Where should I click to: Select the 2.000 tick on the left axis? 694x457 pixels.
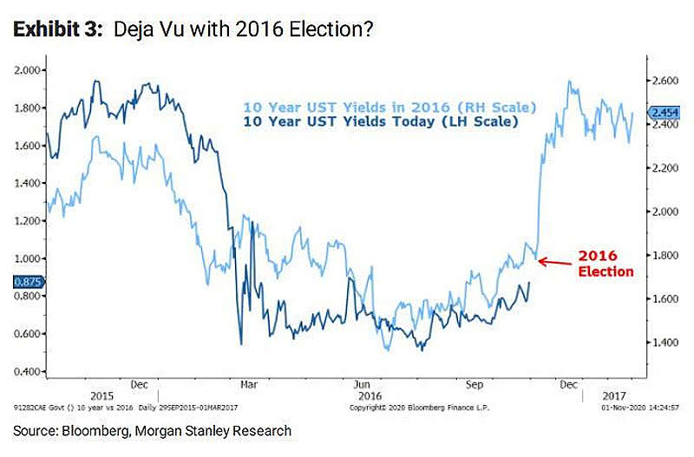click(x=29, y=70)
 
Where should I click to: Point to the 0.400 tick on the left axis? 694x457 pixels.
click(x=29, y=372)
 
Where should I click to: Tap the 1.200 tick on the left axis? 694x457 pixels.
click(x=29, y=221)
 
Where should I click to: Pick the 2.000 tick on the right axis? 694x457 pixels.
click(x=665, y=212)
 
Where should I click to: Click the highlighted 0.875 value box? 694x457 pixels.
click(x=27, y=282)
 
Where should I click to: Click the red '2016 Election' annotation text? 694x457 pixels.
click(x=606, y=264)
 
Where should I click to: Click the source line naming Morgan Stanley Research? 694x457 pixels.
click(x=152, y=431)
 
